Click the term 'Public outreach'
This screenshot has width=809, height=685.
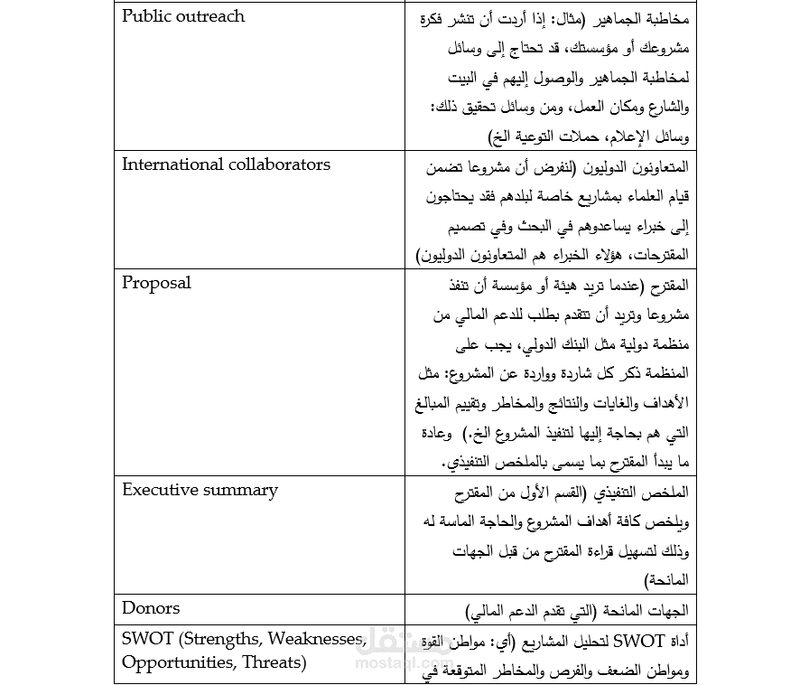tap(182, 16)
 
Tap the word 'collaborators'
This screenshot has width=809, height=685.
tap(279, 164)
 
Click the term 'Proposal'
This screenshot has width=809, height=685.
tap(156, 283)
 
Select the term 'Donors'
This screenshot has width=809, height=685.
tap(151, 608)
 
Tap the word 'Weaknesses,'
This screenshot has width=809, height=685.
tap(314, 640)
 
